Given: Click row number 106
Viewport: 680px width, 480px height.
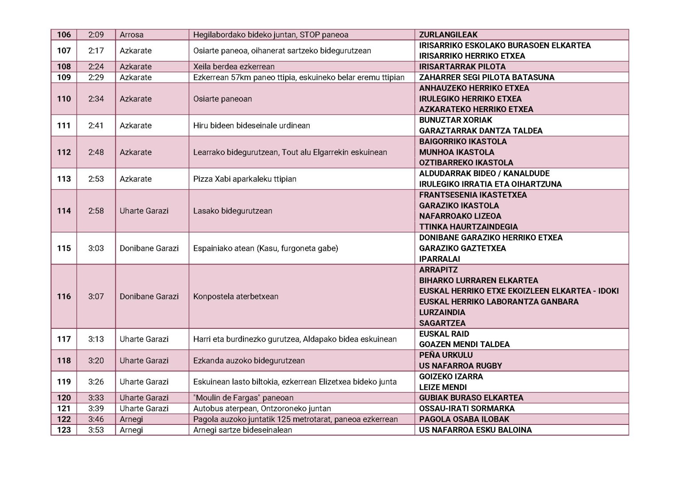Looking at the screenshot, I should pyautogui.click(x=64, y=35).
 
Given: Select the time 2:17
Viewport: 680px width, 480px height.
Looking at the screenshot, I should pyautogui.click(x=96, y=51).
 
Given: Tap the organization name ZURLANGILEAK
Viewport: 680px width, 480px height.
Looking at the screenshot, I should pyautogui.click(x=448, y=35).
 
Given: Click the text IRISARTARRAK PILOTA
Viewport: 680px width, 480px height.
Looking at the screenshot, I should pyautogui.click(x=462, y=67).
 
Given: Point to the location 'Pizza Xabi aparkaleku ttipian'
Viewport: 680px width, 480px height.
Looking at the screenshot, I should pyautogui.click(x=244, y=179).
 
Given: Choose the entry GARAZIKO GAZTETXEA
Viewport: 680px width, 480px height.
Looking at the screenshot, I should pyautogui.click(x=462, y=248).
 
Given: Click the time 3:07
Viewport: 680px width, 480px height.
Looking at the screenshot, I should pyautogui.click(x=96, y=296).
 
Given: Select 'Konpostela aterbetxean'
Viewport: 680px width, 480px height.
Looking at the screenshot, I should pyautogui.click(x=235, y=296).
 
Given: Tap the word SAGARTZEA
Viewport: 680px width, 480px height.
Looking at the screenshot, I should pyautogui.click(x=442, y=323).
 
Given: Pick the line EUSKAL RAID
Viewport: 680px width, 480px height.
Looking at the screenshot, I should pyautogui.click(x=444, y=334).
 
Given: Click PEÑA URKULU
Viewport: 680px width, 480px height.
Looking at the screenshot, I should pyautogui.click(x=445, y=355).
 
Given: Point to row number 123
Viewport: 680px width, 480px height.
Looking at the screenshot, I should pyautogui.click(x=64, y=430).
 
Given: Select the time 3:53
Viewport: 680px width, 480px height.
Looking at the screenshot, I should pyautogui.click(x=96, y=430).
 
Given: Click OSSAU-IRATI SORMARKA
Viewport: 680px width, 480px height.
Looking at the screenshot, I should pyautogui.click(x=466, y=408).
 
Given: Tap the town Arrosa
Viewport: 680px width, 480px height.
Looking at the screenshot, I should pyautogui.click(x=131, y=35).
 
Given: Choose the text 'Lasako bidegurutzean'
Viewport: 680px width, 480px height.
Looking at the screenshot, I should pyautogui.click(x=232, y=211).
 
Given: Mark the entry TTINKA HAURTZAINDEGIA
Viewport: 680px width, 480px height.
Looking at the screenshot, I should pyautogui.click(x=468, y=227).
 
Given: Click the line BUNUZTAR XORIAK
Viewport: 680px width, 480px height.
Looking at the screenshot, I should pyautogui.click(x=455, y=120).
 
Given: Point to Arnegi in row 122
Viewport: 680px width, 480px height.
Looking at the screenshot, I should pyautogui.click(x=131, y=419).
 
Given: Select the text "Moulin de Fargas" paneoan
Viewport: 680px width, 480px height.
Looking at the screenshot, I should pyautogui.click(x=243, y=398).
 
